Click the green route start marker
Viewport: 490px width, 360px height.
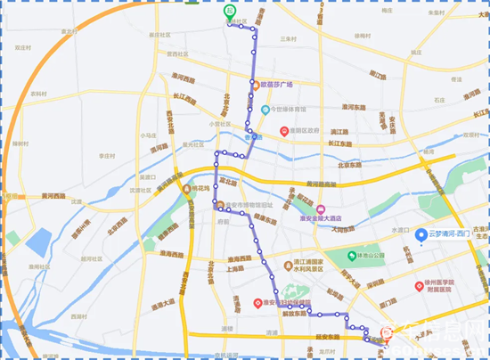click(x=229, y=13)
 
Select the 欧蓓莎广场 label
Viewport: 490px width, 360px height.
click(x=276, y=85)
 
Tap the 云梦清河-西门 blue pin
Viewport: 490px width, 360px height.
click(x=420, y=233)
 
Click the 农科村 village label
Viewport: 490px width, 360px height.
click(x=38, y=93)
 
